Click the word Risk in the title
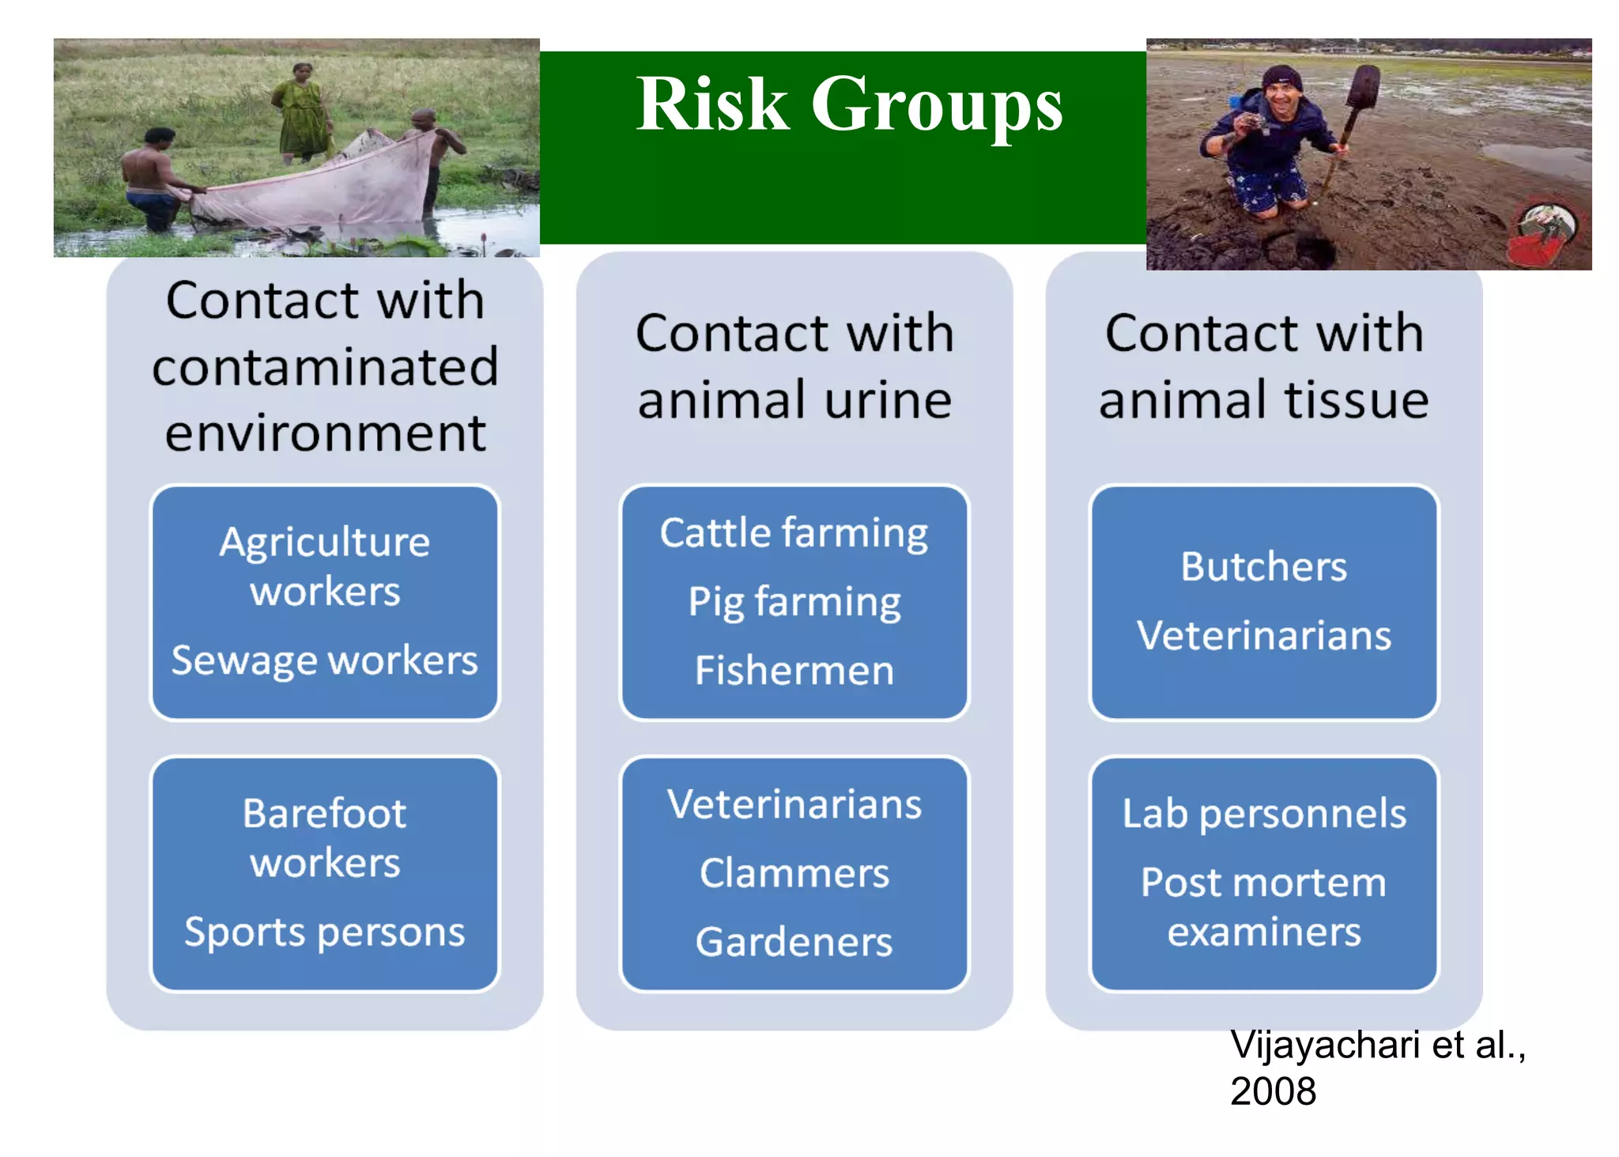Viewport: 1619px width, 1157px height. pyautogui.click(x=712, y=105)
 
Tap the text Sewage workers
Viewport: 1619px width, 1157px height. pyautogui.click(x=324, y=660)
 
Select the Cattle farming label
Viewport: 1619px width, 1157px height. pyautogui.click(x=794, y=533)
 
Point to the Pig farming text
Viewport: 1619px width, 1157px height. pyautogui.click(x=794, y=603)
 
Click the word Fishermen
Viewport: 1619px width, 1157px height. pyautogui.click(x=794, y=671)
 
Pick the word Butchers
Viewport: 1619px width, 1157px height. pyautogui.click(x=1263, y=566)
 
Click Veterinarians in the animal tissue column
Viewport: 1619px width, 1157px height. pyautogui.click(x=1263, y=636)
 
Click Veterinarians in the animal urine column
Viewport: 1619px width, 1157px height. pyautogui.click(x=794, y=804)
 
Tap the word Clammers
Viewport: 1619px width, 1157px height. pyautogui.click(x=794, y=873)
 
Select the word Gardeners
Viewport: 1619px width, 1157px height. pyautogui.click(x=794, y=942)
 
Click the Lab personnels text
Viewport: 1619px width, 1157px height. pyautogui.click(x=1263, y=814)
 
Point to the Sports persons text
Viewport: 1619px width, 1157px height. pyautogui.click(x=324, y=932)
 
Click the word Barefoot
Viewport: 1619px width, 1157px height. pyautogui.click(x=324, y=814)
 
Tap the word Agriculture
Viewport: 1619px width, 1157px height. pyautogui.click(x=324, y=543)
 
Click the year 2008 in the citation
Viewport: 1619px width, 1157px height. pyautogui.click(x=1273, y=1091)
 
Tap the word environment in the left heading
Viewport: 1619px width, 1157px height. pyautogui.click(x=324, y=433)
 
